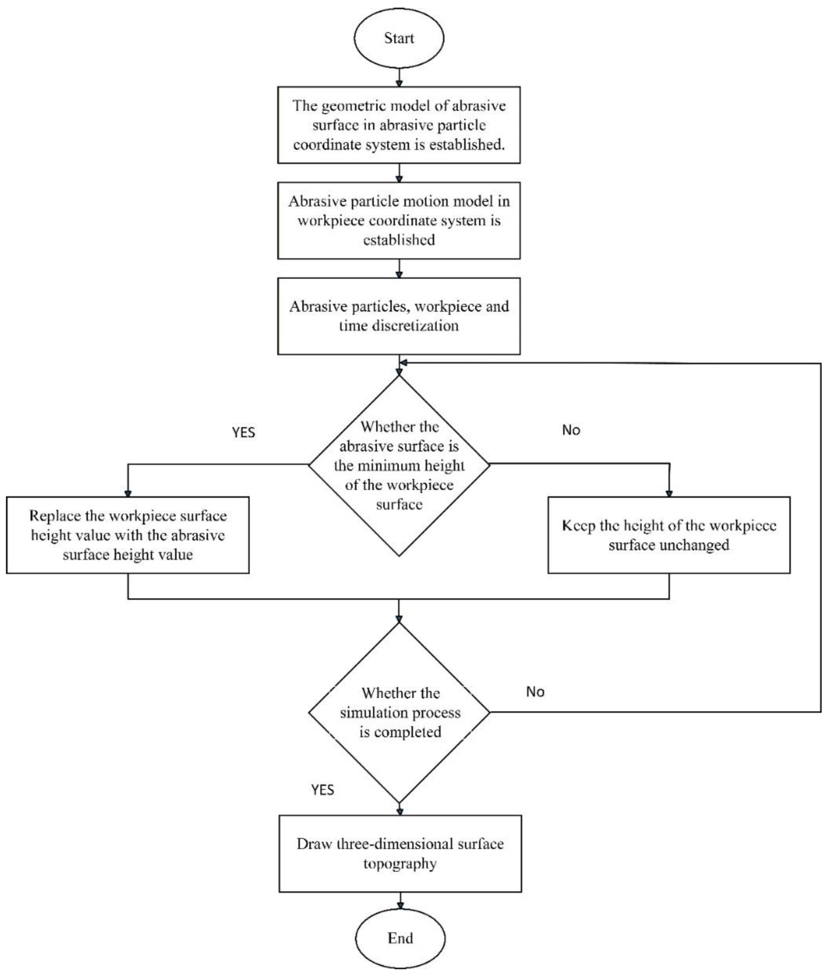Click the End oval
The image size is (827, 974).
coord(400,937)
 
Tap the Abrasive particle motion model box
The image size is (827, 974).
coord(398,220)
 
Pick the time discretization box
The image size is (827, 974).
coord(398,316)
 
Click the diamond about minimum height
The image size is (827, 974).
coord(399,465)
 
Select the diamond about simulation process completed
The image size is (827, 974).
coord(399,712)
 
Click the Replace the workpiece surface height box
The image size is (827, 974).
coord(127,535)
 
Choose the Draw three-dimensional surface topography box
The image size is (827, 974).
coord(400,853)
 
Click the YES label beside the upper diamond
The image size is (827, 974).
coord(243,432)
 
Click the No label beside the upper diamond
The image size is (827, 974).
coord(571,430)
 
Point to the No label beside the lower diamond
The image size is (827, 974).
coord(535,692)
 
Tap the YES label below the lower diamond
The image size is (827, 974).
coord(323,790)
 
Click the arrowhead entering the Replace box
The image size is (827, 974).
coord(127,493)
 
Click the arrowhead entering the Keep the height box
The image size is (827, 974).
coord(669,493)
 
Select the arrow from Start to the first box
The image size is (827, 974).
coord(399,77)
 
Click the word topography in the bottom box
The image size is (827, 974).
coord(400,863)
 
